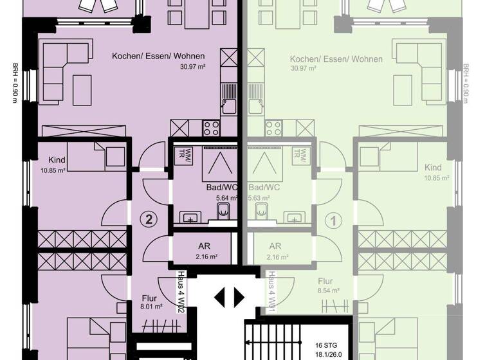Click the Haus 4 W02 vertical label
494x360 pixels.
182,292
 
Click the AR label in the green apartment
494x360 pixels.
275,246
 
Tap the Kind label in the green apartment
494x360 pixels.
433,168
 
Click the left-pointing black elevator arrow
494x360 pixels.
220,297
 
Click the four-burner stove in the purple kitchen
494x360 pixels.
212,128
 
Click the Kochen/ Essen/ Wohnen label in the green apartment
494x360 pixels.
336,59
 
